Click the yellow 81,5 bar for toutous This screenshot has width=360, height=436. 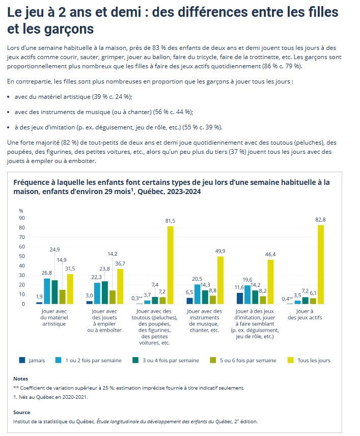170,265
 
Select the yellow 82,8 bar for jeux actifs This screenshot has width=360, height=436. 321,264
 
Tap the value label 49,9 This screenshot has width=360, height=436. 221,251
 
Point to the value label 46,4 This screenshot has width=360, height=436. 271,254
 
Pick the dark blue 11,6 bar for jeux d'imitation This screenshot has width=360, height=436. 240,298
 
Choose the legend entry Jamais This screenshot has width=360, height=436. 32,360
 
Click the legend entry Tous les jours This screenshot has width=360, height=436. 312,360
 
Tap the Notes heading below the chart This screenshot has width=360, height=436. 21,378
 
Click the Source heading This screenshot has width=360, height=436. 22,412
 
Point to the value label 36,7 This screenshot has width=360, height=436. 120,263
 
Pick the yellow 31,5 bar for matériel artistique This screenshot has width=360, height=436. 70,289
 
